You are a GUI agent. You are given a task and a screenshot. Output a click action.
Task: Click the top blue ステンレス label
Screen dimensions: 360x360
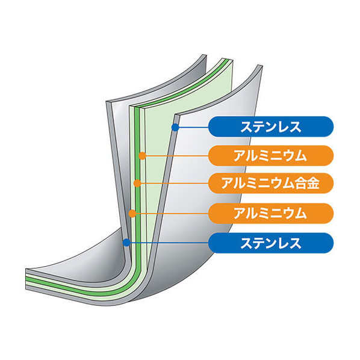[271, 127]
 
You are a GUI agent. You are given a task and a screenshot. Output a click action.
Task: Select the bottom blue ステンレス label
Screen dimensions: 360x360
[271, 243]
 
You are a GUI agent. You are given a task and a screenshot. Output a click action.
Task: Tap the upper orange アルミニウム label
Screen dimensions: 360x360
[271, 156]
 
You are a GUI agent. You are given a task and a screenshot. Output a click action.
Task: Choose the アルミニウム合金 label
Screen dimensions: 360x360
[271, 183]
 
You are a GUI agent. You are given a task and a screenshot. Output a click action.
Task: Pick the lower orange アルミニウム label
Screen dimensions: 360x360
[271, 213]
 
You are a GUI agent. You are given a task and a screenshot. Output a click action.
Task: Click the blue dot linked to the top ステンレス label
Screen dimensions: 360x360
[175, 127]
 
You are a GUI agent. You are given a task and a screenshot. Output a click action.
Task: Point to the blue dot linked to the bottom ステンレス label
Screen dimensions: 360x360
[126, 243]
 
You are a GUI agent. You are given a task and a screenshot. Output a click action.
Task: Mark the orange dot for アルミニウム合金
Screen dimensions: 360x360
[137, 183]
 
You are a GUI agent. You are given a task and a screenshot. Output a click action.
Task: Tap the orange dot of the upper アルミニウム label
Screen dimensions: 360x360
[142, 156]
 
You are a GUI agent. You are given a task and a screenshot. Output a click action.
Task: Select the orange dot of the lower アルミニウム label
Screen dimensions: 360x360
[132, 214]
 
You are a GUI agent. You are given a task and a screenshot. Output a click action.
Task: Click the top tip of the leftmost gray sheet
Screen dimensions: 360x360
[204, 55]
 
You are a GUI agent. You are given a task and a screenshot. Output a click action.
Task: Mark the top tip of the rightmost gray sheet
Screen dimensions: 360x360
[259, 65]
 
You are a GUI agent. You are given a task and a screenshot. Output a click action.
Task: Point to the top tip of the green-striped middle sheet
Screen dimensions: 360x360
[226, 58]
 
